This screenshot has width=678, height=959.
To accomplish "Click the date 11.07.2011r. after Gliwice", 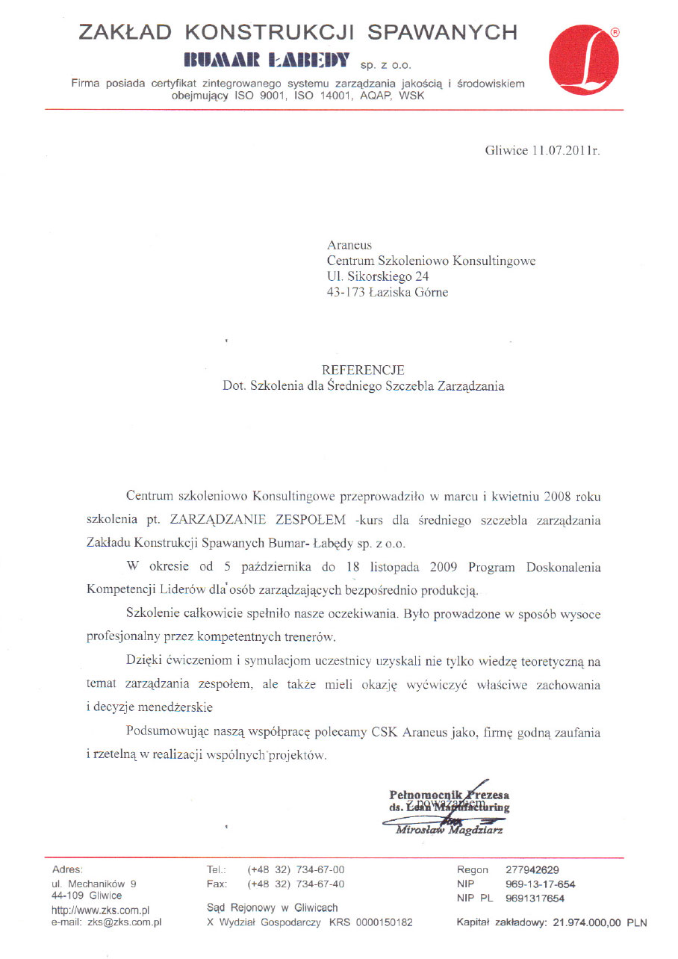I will [x=565, y=150].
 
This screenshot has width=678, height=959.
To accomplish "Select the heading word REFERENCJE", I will [x=363, y=370].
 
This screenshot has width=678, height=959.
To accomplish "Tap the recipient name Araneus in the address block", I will [x=349, y=245].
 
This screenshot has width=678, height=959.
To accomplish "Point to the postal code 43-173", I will [x=346, y=293].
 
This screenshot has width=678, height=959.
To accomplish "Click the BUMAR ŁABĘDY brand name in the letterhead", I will [x=266, y=60].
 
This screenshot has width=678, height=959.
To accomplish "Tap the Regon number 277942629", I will [x=532, y=870].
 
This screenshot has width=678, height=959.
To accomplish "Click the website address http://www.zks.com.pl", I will [x=101, y=910].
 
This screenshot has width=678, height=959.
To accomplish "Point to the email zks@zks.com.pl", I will [x=125, y=922].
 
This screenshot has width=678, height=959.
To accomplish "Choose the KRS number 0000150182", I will [x=383, y=922].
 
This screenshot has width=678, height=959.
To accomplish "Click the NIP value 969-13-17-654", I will [x=540, y=884].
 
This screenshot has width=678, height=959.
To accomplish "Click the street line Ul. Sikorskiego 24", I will [x=378, y=277].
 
